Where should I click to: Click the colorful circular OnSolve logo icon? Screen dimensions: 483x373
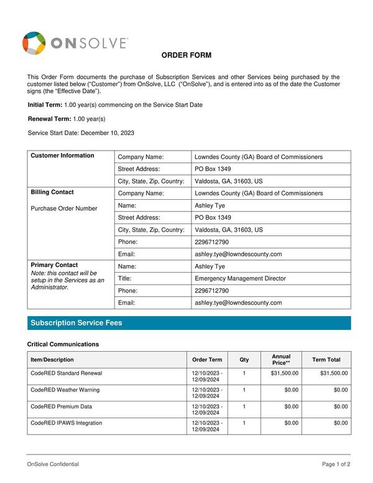pyautogui.click(x=34, y=43)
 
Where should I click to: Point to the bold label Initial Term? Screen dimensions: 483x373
pyautogui.click(x=45, y=105)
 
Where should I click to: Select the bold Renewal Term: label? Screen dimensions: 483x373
pyautogui.click(x=50, y=119)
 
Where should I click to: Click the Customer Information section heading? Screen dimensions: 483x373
pyautogui.click(x=62, y=156)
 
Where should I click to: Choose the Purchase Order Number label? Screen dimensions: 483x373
pyautogui.click(x=64, y=209)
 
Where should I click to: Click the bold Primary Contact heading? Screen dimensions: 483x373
pyautogui.click(x=54, y=265)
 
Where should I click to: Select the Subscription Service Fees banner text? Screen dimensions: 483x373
pyautogui.click(x=76, y=323)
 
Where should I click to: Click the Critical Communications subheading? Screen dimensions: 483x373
pyautogui.click(x=63, y=344)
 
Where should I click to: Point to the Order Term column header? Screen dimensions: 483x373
pyautogui.click(x=207, y=360)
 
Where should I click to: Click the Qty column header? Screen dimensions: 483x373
pyautogui.click(x=244, y=360)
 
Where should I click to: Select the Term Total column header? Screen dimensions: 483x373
pyautogui.click(x=326, y=360)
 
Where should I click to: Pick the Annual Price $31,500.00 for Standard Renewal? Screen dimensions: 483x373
pyautogui.click(x=285, y=373)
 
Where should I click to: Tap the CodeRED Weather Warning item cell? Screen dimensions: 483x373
pyautogui.click(x=65, y=390)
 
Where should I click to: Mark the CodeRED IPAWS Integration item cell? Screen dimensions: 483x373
pyautogui.click(x=66, y=423)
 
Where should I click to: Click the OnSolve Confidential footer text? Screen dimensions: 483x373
pyautogui.click(x=53, y=464)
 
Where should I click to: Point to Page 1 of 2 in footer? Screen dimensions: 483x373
pyautogui.click(x=336, y=464)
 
